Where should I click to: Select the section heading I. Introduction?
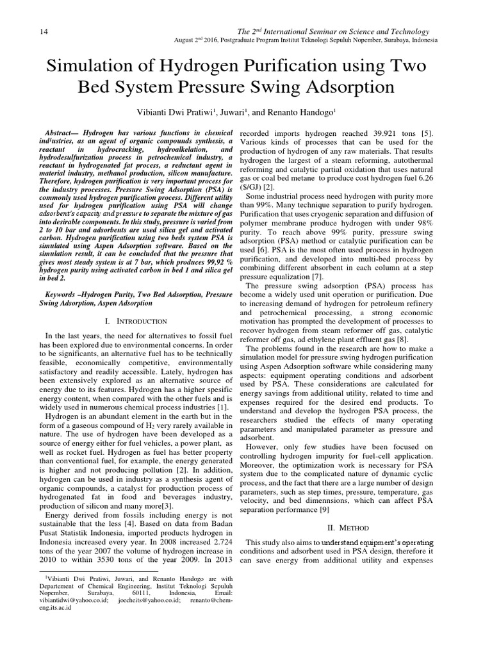135,320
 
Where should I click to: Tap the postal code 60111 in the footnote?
121,593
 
